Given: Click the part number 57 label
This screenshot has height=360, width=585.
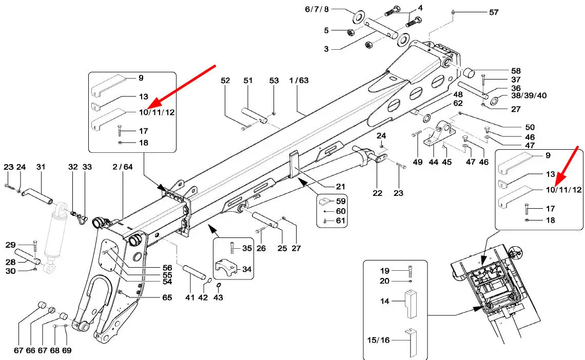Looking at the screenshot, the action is click(x=494, y=12).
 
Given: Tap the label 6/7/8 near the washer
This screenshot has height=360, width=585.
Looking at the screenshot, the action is click(x=317, y=9).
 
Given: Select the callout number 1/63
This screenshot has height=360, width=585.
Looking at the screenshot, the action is click(x=299, y=80).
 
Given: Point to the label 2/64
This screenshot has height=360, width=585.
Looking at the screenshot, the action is click(x=123, y=167).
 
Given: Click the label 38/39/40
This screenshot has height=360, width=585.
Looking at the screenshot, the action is click(x=529, y=95).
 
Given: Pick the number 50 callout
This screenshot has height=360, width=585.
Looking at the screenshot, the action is click(x=530, y=127).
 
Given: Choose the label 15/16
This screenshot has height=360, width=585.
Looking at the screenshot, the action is click(x=378, y=340).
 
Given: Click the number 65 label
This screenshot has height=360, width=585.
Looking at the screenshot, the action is click(x=167, y=297).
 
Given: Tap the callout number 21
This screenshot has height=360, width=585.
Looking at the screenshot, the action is click(x=340, y=186).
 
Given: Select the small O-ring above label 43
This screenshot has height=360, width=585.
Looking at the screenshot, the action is click(x=219, y=286).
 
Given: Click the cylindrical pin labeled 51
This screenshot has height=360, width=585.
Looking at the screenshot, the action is click(x=254, y=115).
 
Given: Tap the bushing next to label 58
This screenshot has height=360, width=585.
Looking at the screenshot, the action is click(x=469, y=72).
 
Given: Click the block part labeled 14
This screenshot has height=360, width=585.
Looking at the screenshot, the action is click(x=411, y=304).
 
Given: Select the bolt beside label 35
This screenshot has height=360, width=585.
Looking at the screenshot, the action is click(x=233, y=248).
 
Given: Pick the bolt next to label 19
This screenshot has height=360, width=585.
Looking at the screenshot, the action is click(x=411, y=271).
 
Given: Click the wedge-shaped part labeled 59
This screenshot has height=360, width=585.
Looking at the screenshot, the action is click(x=325, y=201).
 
